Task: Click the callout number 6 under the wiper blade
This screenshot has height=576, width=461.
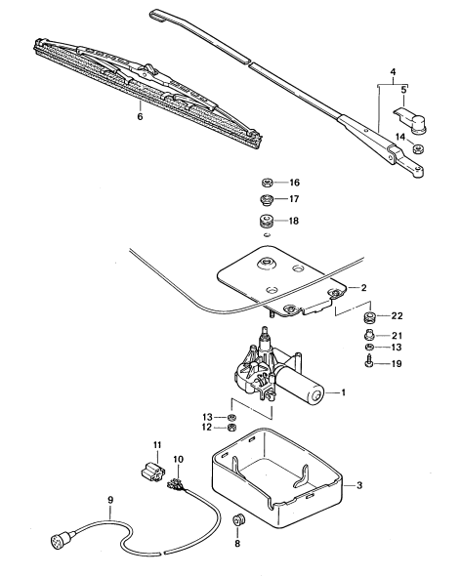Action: click(140, 117)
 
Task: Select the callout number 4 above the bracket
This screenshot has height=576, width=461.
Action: click(393, 71)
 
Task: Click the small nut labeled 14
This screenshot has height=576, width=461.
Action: click(417, 148)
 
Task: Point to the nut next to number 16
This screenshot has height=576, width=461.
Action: click(267, 183)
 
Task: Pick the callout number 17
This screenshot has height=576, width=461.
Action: click(294, 199)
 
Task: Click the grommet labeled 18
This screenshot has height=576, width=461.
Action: click(268, 222)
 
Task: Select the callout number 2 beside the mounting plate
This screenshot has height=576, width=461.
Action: click(363, 287)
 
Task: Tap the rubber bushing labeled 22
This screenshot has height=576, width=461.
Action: click(369, 316)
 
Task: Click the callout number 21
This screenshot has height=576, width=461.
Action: click(398, 336)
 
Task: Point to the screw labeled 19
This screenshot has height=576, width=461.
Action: click(368, 362)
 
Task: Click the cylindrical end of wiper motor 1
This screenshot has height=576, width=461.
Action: click(314, 395)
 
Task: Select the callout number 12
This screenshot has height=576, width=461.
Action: click(207, 428)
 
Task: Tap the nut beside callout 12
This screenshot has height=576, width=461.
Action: click(231, 428)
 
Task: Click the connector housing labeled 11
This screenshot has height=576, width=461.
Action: click(153, 471)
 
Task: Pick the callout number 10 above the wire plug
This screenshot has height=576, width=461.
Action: click(179, 459)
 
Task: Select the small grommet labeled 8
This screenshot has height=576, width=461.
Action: click(238, 520)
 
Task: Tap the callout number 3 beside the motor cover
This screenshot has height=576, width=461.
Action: click(359, 485)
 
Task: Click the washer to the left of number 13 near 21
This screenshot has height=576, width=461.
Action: click(369, 348)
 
